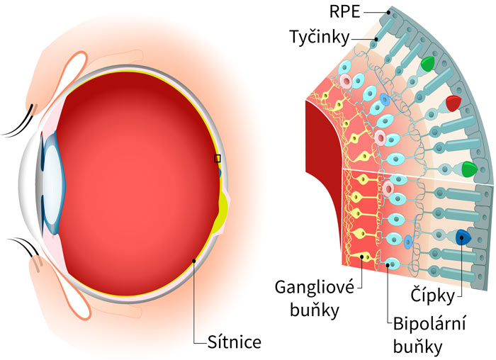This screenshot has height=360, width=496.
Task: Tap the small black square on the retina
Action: [218, 159]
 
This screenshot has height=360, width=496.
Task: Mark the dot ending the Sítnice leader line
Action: [194, 259]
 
